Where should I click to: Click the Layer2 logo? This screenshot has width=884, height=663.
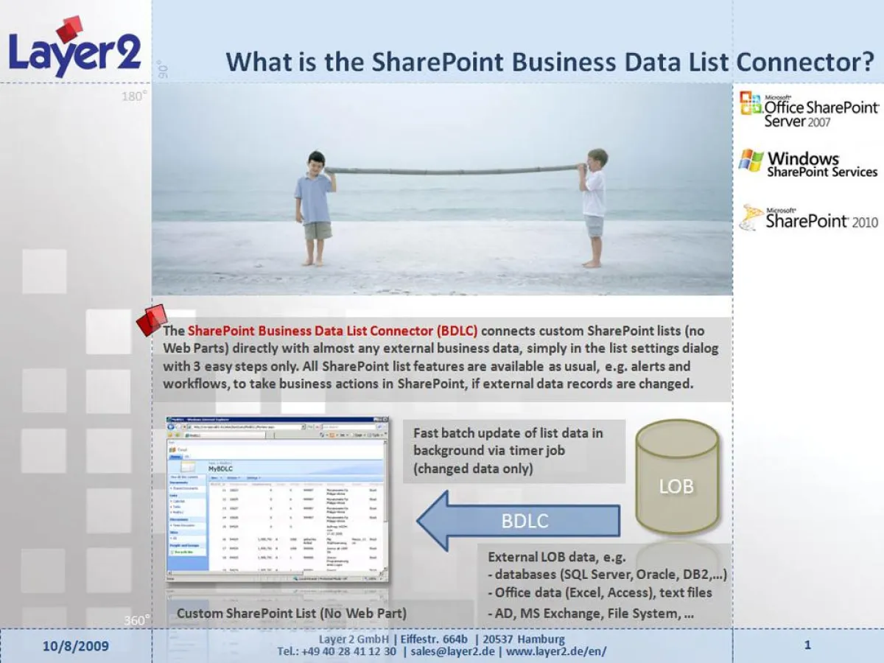tap(74, 48)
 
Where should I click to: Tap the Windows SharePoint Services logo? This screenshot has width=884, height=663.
tap(809, 164)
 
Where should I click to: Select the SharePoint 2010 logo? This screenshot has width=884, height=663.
tap(809, 217)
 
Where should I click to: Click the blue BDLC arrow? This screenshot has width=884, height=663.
tap(519, 521)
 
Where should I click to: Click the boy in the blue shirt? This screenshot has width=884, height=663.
tap(316, 206)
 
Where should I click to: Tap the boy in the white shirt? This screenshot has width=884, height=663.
tap(594, 206)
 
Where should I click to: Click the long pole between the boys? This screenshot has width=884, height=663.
tap(453, 170)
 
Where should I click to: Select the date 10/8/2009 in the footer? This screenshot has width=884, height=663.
tap(75, 646)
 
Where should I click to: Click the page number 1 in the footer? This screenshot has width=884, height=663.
tap(807, 645)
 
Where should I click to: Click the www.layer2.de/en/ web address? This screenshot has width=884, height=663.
tap(557, 651)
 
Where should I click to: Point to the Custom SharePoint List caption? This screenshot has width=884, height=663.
tap(292, 613)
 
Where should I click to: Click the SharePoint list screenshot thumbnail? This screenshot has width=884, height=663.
tap(277, 499)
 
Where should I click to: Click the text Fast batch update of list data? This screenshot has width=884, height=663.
tap(508, 432)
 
